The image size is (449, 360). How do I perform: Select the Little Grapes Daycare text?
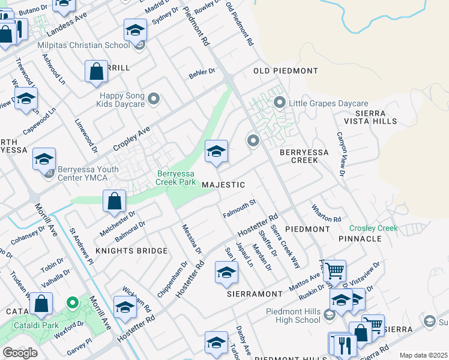click(x=328, y=104)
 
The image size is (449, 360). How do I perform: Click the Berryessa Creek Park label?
click(x=176, y=176)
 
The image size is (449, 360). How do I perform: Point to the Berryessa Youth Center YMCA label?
click(x=80, y=174)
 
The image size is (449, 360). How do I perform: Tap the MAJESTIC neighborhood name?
click(x=223, y=185)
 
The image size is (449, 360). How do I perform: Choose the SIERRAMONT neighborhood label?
click(x=255, y=294)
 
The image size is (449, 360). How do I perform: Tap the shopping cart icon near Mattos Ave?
click(x=334, y=271)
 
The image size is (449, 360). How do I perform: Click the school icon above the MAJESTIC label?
click(x=216, y=151)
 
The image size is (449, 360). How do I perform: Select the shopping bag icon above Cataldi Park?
click(x=41, y=304)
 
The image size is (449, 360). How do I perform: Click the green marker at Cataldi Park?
click(x=72, y=302)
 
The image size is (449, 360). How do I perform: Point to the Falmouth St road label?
click(x=240, y=209)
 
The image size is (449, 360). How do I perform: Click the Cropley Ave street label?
click(x=131, y=139)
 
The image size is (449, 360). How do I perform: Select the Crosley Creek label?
click(x=373, y=228)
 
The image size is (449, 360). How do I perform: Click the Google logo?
click(x=20, y=353)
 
